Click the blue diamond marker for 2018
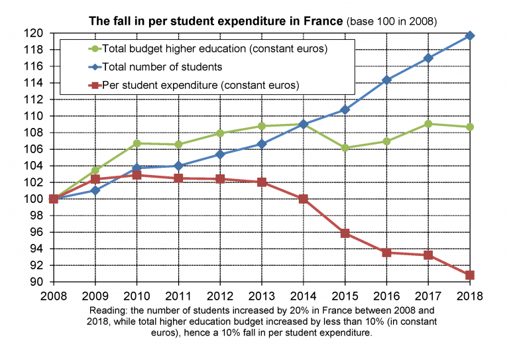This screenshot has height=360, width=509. (x=469, y=35)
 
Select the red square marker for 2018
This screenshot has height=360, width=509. (x=469, y=274)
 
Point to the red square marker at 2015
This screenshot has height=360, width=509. (x=345, y=233)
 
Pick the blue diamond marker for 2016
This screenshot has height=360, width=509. (x=386, y=80)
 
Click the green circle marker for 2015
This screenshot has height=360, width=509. (x=345, y=148)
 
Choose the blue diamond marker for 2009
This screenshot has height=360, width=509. (x=95, y=190)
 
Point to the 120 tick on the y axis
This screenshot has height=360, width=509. (x=36, y=33)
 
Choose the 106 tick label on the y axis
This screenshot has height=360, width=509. (x=36, y=149)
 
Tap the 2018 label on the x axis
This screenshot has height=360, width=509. (x=469, y=296)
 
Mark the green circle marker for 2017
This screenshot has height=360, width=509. (x=427, y=124)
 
